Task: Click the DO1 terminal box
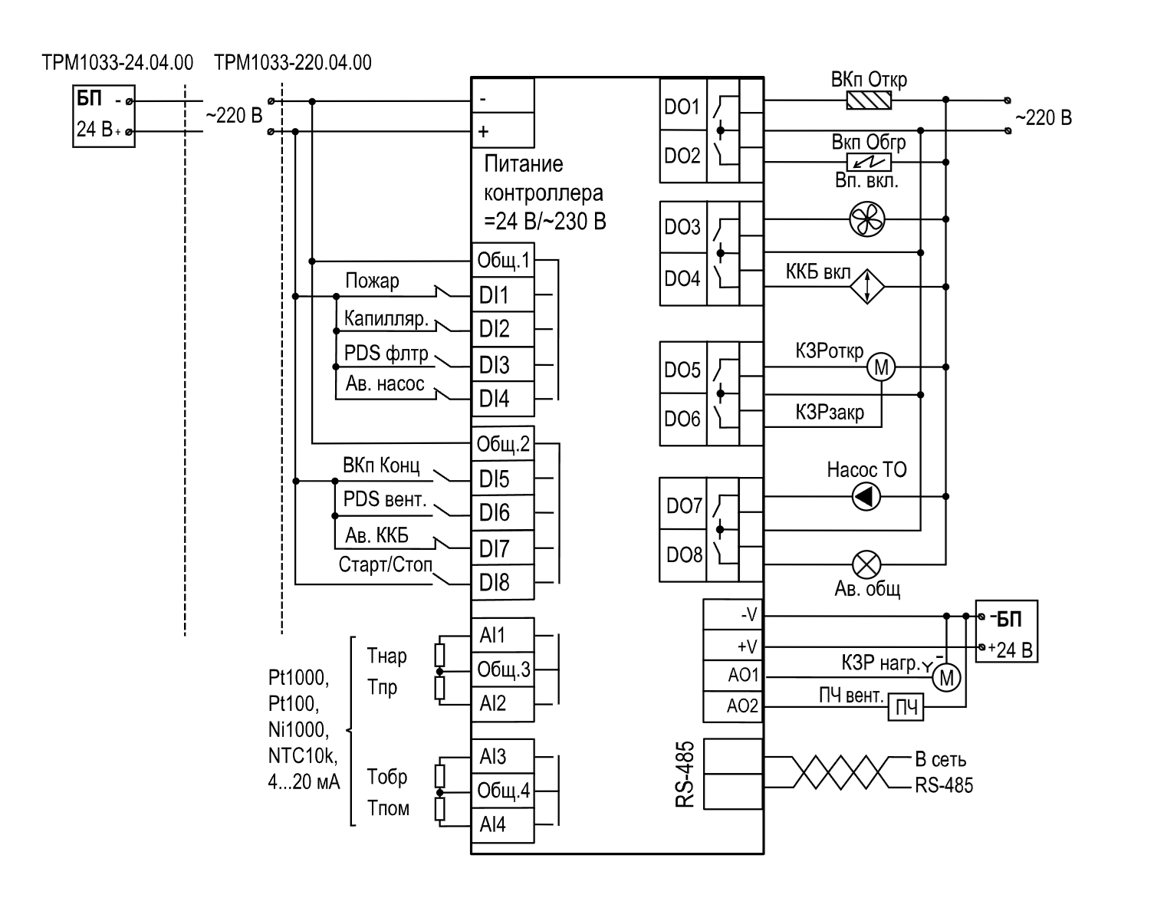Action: (x=683, y=105)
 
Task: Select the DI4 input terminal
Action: (x=503, y=400)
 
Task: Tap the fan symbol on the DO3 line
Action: (x=866, y=219)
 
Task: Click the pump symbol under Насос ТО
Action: (x=866, y=496)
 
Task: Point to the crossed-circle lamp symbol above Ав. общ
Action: (x=866, y=565)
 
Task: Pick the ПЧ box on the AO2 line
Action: (x=906, y=707)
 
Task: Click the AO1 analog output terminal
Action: (x=733, y=676)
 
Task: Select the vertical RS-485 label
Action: (x=685, y=774)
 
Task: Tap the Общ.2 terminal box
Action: (x=503, y=444)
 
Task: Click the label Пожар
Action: (x=372, y=281)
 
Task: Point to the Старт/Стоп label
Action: (x=386, y=564)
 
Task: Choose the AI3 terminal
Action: (x=503, y=756)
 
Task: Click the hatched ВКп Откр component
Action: (x=869, y=100)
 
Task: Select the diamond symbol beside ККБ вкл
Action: (x=866, y=286)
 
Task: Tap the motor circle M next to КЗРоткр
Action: (x=881, y=367)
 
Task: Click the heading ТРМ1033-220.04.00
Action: (x=293, y=63)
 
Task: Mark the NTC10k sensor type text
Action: (x=303, y=755)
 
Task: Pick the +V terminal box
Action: (x=733, y=645)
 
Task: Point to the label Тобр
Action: (x=387, y=778)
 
